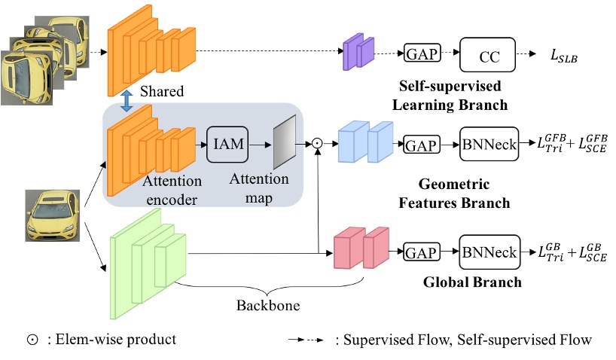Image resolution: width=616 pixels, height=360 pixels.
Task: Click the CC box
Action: click(488, 56)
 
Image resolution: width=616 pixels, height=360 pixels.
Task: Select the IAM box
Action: click(227, 142)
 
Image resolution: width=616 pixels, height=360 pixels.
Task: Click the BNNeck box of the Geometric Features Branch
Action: click(489, 144)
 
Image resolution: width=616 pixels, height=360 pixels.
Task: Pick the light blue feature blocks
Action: click(365, 142)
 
